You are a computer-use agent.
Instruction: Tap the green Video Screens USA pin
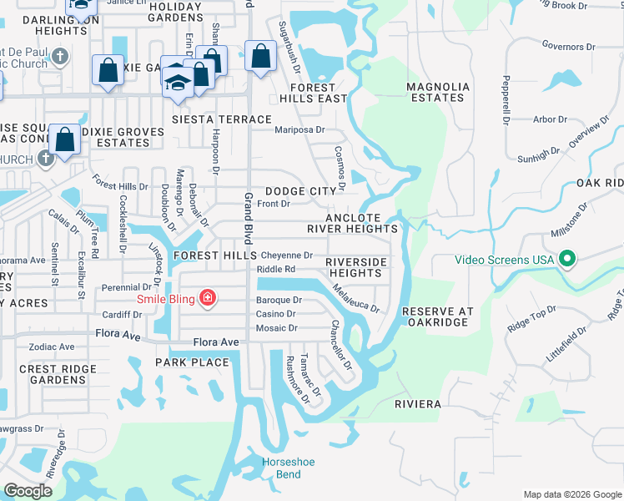click(x=567, y=259)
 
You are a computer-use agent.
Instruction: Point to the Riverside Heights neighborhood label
click(x=356, y=267)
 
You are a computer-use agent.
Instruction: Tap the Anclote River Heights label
click(x=355, y=222)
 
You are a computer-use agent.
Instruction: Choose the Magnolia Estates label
click(x=435, y=92)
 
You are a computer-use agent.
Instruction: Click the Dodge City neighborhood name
click(x=300, y=191)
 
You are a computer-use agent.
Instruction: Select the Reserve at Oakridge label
click(x=438, y=317)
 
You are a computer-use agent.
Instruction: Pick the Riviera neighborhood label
click(x=418, y=404)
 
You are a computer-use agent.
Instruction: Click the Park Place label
click(x=192, y=362)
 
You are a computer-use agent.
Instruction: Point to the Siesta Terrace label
click(x=222, y=119)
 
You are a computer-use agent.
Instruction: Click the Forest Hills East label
click(x=318, y=93)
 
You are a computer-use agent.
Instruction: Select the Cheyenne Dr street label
click(x=286, y=256)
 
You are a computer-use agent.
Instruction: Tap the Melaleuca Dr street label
click(x=355, y=297)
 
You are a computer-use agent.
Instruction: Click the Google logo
click(x=28, y=491)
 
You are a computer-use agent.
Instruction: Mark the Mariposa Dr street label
click(x=299, y=130)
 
